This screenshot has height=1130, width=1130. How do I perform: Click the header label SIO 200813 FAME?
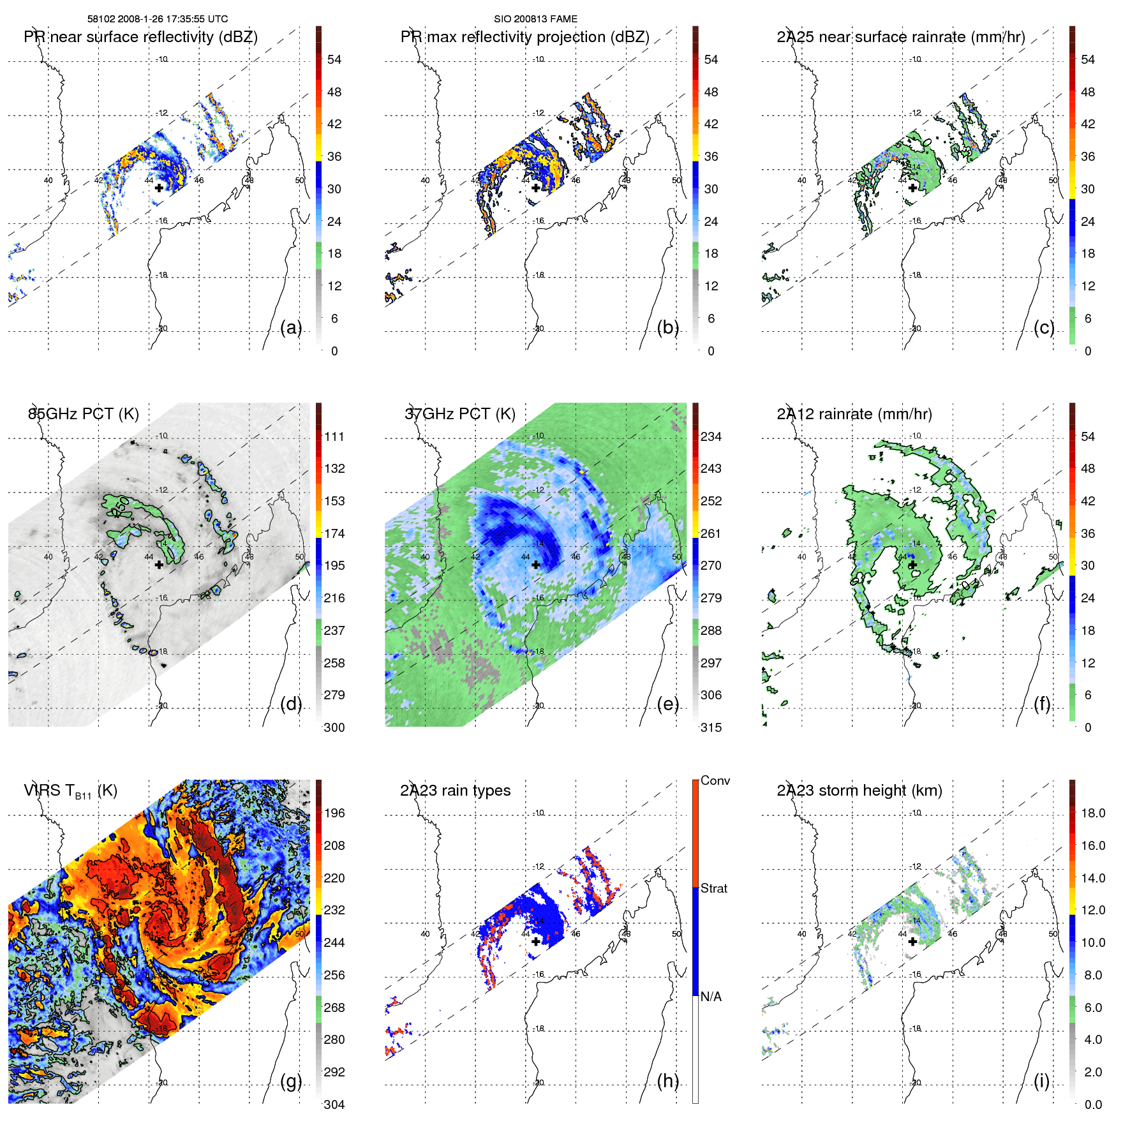pyautogui.click(x=535, y=19)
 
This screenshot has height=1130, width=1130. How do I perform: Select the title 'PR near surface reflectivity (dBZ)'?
pyautogui.click(x=140, y=37)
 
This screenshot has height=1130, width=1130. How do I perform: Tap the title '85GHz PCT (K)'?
pyautogui.click(x=83, y=413)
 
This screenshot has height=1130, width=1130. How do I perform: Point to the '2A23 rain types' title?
pyautogui.click(x=455, y=791)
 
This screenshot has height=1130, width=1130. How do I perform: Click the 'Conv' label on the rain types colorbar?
pyautogui.click(x=715, y=781)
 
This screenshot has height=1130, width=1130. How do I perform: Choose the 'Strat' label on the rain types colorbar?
pyautogui.click(x=713, y=888)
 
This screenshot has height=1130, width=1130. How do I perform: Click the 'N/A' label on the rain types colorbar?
pyautogui.click(x=711, y=997)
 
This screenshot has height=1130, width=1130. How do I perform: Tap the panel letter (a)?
pyautogui.click(x=291, y=327)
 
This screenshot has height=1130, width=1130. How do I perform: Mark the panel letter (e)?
pyautogui.click(x=667, y=704)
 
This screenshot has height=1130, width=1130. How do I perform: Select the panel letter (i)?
pyautogui.click(x=1041, y=1081)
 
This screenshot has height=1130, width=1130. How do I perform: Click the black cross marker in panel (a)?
pyautogui.click(x=159, y=188)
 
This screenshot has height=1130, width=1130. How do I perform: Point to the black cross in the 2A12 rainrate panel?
pyautogui.click(x=912, y=565)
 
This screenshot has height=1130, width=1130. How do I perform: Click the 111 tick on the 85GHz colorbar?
pyautogui.click(x=334, y=436)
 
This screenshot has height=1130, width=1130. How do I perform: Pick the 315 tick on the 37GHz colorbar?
pyautogui.click(x=711, y=727)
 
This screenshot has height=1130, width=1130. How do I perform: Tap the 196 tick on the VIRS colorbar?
pyautogui.click(x=334, y=813)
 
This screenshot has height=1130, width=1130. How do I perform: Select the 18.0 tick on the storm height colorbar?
pyautogui.click(x=1092, y=813)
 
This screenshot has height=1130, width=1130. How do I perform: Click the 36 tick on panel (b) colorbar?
pyautogui.click(x=711, y=156)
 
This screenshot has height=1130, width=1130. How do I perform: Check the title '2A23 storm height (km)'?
pyautogui.click(x=859, y=791)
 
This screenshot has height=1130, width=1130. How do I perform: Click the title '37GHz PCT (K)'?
pyautogui.click(x=459, y=413)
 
